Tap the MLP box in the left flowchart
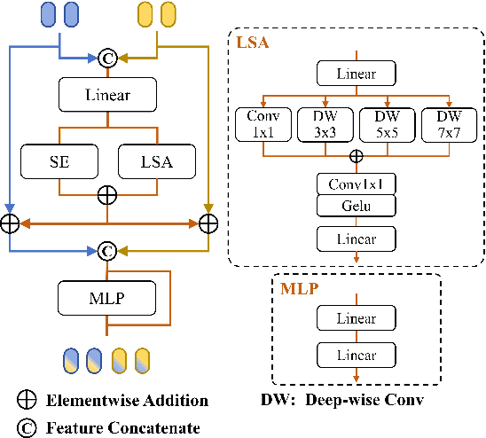pos(106,296)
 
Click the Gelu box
pos(355,206)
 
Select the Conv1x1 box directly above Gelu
pos(355,184)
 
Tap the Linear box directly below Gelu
pos(355,239)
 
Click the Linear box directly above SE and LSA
pos(106,93)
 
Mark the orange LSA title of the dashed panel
pos(253,43)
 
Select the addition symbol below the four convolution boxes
pos(355,156)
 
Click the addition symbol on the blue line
pos(9,222)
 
